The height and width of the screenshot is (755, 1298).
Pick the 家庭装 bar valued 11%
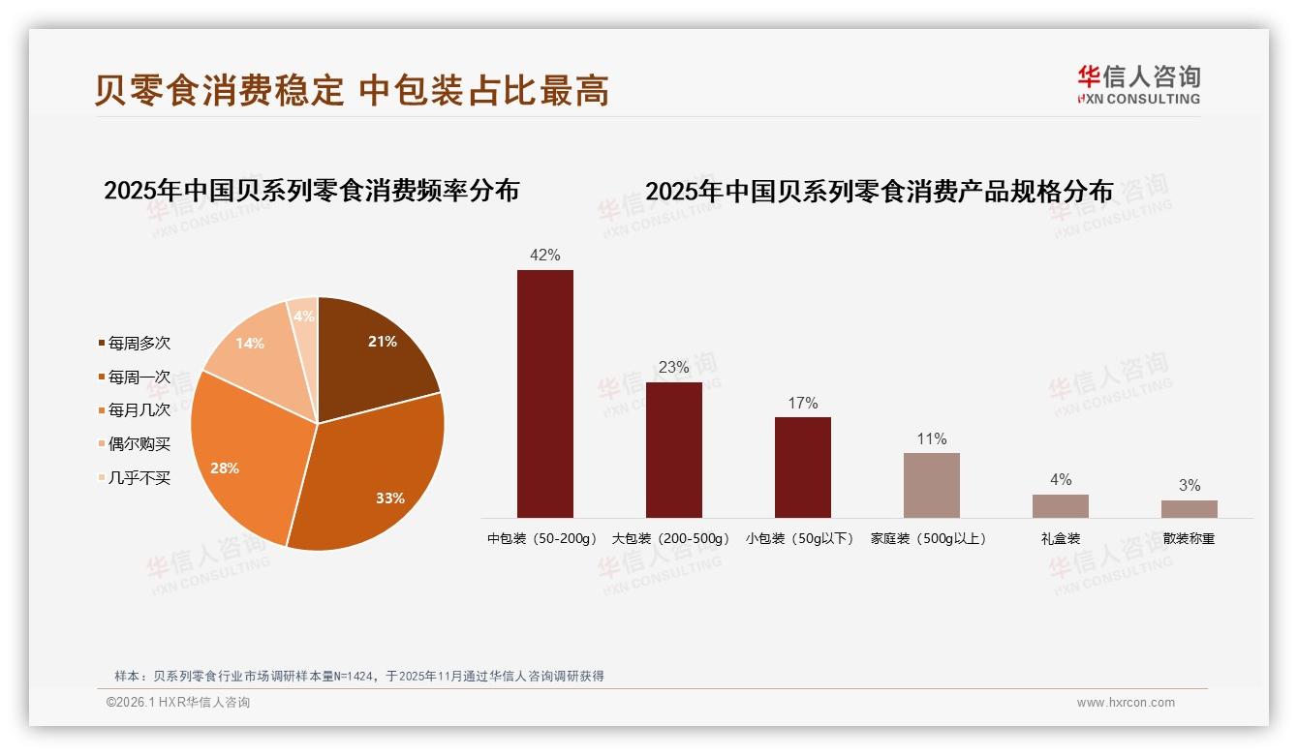[931, 485]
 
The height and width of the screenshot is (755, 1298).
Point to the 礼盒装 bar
[1060, 505]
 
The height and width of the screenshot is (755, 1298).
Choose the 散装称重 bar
[1189, 508]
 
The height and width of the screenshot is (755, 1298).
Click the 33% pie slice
[373, 479]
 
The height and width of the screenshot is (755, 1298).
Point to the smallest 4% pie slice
[304, 317]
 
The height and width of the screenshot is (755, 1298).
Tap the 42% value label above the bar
[544, 255]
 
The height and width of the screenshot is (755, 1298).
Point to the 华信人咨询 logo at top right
[1138, 84]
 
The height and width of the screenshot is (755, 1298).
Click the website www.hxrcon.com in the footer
[1126, 703]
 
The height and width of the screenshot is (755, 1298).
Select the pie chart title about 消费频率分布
[311, 190]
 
